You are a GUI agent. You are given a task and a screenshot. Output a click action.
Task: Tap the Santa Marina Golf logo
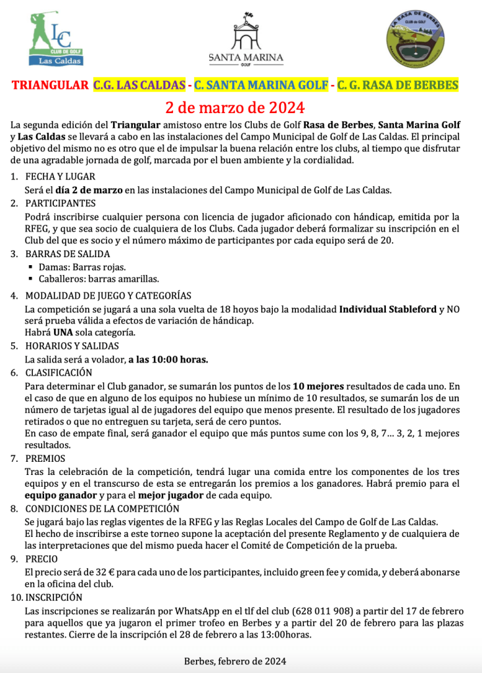pyautogui.click(x=246, y=40)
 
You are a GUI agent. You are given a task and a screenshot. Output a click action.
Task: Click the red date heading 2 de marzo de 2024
pyautogui.click(x=235, y=106)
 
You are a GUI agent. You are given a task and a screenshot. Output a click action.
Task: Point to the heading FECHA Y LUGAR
pyautogui.click(x=60, y=177)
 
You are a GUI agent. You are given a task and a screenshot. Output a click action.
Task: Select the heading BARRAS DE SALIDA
pyautogui.click(x=68, y=254)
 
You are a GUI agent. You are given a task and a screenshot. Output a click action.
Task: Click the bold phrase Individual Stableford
pyautogui.click(x=387, y=309)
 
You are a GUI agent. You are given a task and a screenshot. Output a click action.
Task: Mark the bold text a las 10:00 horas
pyautogui.click(x=168, y=359)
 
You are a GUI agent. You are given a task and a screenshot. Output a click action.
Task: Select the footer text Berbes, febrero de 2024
pyautogui.click(x=235, y=661)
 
